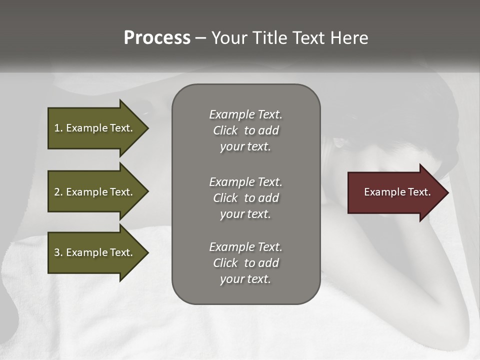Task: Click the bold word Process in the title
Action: click(157, 38)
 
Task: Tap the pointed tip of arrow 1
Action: click(147, 128)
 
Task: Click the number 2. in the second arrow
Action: click(58, 192)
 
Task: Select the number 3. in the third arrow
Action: click(58, 252)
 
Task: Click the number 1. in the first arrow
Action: click(58, 128)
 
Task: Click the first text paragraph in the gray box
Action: click(245, 130)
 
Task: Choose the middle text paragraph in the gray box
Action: click(245, 197)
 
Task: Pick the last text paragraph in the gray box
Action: click(245, 263)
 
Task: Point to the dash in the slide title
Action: click(200, 38)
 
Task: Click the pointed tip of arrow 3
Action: click(147, 252)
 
